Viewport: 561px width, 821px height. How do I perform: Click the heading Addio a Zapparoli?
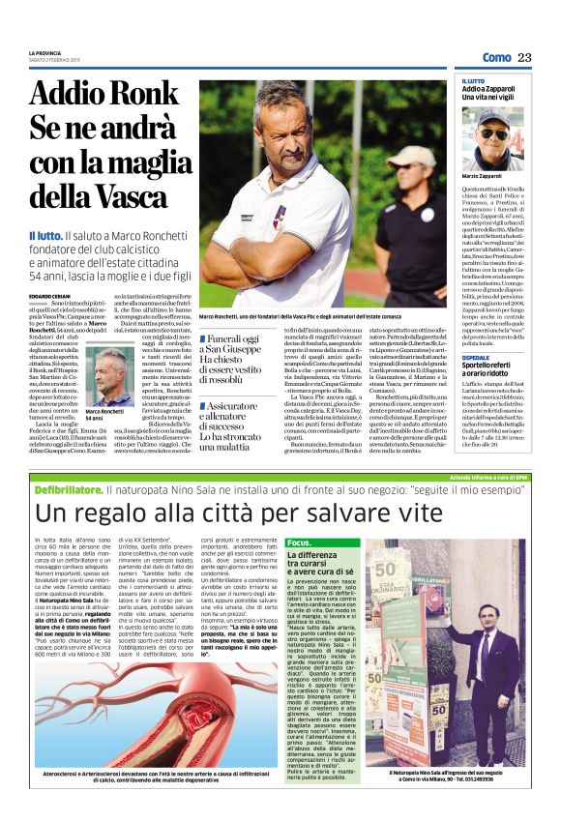click(493, 89)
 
